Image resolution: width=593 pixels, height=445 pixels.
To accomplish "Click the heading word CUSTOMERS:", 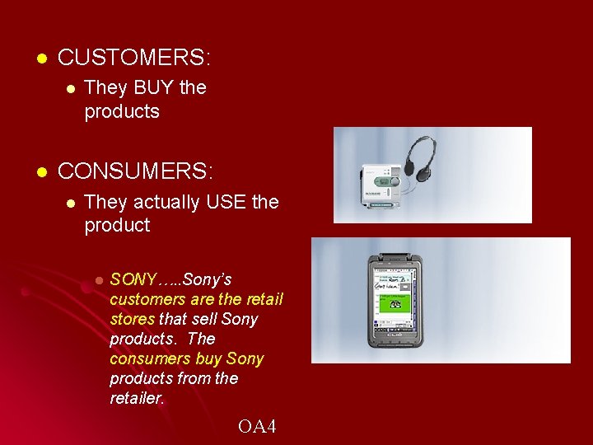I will coord(134,58).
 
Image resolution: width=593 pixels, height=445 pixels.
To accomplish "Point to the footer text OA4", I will coord(257,426).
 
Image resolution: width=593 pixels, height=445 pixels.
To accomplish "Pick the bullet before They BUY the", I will coord(71,88).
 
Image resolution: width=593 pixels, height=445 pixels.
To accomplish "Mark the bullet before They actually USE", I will coord(71,203).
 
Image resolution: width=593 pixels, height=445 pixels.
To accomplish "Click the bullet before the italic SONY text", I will coord(97,280).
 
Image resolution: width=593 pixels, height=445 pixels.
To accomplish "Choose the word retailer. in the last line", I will coord(138,399).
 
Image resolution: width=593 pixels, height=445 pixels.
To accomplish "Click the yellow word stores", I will coord(132,319).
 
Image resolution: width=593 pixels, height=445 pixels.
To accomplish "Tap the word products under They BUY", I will coord(122,111).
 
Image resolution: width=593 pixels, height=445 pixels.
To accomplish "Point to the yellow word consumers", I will coord(150,358).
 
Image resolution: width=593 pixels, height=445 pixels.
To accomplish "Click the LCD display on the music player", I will coord(381,180).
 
